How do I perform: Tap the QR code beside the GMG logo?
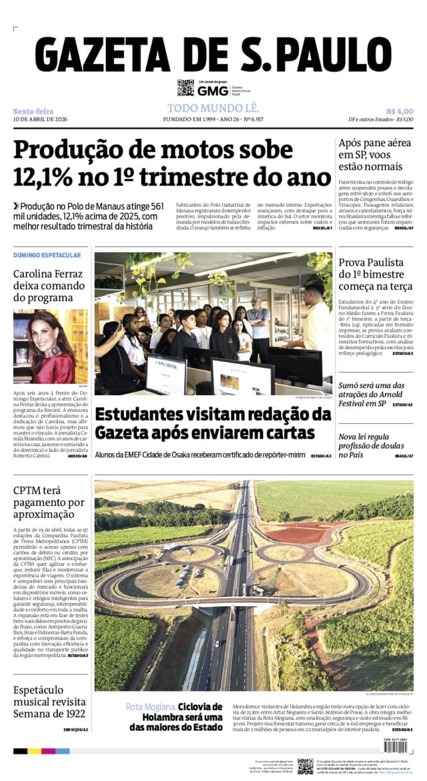[185, 87]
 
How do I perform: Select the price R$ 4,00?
[399, 111]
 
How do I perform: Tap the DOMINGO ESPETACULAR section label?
[47, 255]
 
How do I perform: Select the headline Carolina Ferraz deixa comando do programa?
[48, 286]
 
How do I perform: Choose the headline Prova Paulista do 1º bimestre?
[375, 274]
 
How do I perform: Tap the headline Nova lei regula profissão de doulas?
[370, 445]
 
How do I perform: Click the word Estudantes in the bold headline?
[137, 415]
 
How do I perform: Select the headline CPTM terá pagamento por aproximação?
[49, 503]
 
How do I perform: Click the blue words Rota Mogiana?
[151, 706]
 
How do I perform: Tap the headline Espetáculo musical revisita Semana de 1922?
[49, 702]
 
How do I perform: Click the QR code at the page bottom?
[305, 765]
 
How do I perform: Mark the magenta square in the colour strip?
[49, 751]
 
